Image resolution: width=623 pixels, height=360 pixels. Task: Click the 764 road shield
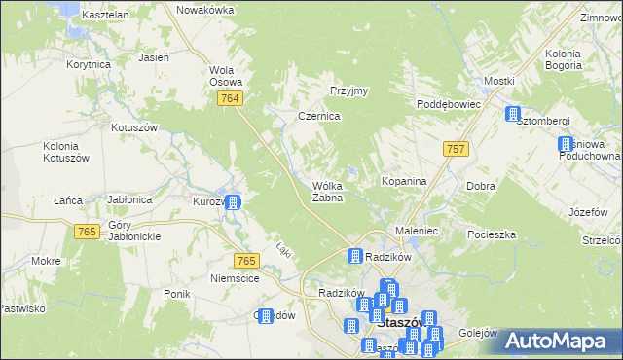click(231, 100)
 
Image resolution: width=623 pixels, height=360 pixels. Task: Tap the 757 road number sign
click(455, 148)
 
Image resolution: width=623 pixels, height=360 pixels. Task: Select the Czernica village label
click(318, 116)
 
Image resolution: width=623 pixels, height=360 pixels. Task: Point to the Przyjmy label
click(348, 90)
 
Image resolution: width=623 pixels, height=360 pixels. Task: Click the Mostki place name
click(498, 80)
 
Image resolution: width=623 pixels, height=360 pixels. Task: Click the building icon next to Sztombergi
click(512, 116)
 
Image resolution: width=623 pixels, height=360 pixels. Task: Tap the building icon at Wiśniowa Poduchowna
click(565, 146)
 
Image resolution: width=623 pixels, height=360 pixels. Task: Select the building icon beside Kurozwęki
click(234, 202)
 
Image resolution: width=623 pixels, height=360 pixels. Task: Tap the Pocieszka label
click(491, 234)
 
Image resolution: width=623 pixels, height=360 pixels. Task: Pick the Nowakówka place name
click(205, 9)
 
